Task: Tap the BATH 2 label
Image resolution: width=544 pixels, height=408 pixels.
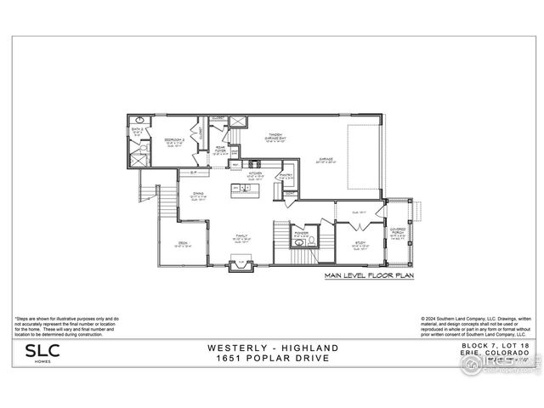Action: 138,131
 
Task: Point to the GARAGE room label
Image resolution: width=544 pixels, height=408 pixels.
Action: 326,158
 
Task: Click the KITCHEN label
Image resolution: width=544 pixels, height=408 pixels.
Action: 255,173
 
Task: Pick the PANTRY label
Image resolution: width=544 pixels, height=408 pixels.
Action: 286,175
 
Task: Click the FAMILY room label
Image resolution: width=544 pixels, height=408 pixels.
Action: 241,239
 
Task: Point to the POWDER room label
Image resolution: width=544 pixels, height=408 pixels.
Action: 302,230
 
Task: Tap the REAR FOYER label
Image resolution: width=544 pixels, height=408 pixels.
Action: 220,151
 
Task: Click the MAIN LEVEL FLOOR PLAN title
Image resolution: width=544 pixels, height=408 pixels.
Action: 369,276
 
